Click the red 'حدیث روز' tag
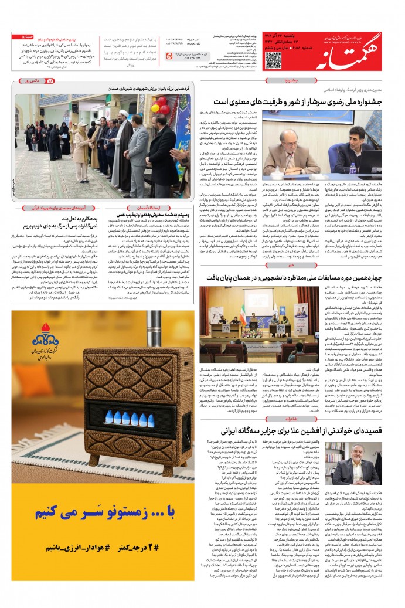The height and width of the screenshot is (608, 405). tap(27, 36)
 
